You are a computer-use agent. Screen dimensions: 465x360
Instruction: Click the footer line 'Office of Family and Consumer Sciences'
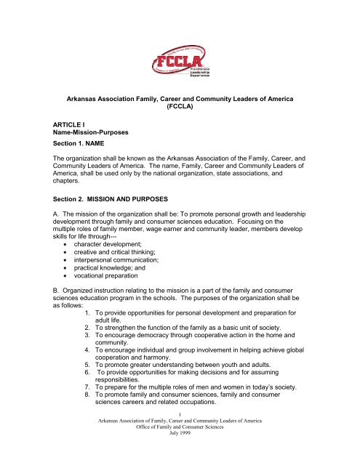pos(180,453)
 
